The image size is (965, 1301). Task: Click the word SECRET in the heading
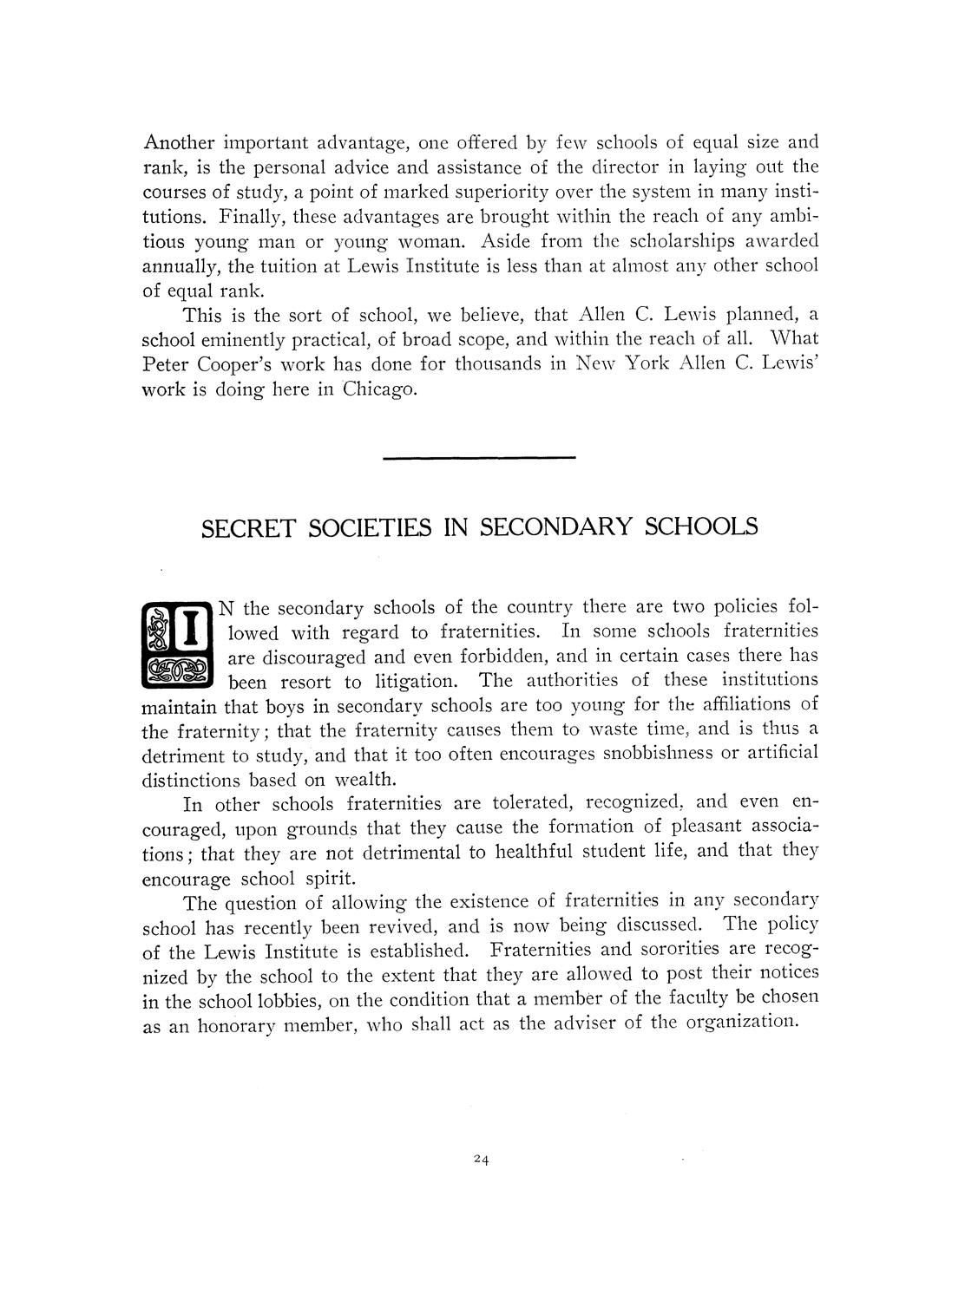click(x=248, y=527)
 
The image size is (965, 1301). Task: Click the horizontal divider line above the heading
click(x=479, y=457)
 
